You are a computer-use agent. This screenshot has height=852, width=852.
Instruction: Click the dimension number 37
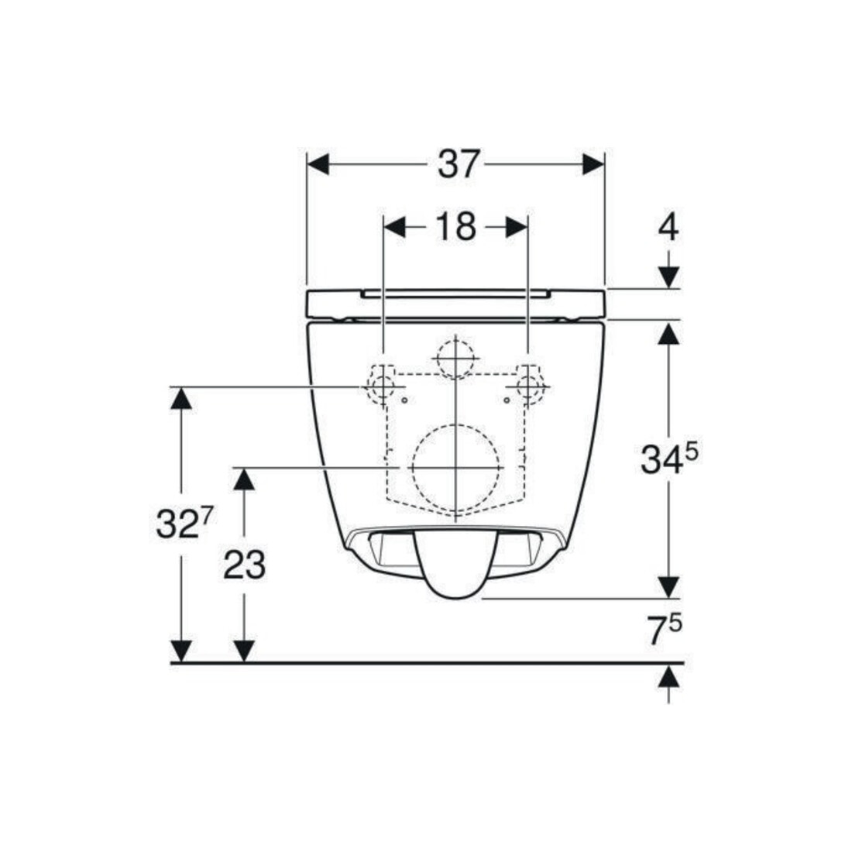click(x=459, y=163)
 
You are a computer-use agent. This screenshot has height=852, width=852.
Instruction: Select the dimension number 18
click(x=456, y=226)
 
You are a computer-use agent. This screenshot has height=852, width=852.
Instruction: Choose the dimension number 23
click(x=244, y=565)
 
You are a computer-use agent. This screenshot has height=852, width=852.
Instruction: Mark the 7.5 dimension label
click(x=666, y=630)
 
